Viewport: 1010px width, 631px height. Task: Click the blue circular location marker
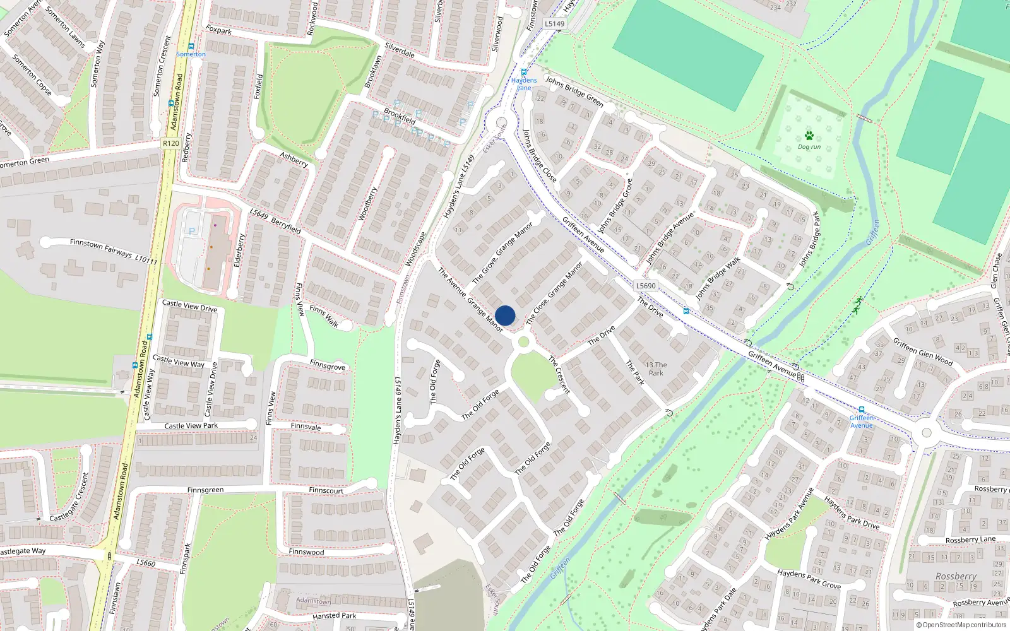click(x=505, y=315)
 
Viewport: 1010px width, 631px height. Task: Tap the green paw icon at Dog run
click(x=809, y=136)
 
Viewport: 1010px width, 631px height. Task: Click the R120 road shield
click(x=170, y=143)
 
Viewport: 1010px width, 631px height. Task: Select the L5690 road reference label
click(x=646, y=286)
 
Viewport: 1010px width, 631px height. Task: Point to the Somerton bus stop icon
click(x=191, y=46)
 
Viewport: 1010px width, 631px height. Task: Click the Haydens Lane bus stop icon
click(x=524, y=73)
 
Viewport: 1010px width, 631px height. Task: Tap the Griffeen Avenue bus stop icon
click(x=861, y=410)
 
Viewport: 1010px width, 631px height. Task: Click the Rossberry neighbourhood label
click(x=956, y=576)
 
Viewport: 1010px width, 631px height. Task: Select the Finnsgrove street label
click(x=328, y=366)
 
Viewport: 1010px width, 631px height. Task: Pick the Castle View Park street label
click(x=191, y=426)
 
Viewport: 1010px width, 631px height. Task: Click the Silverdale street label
click(x=400, y=50)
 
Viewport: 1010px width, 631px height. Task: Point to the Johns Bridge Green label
click(x=574, y=91)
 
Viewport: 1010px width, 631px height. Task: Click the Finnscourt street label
click(x=326, y=490)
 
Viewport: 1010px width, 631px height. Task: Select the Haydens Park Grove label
click(x=809, y=579)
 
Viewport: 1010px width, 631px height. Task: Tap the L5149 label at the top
click(x=554, y=24)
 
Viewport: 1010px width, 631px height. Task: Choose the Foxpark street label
click(x=218, y=30)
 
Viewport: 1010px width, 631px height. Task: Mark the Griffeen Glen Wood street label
click(x=922, y=351)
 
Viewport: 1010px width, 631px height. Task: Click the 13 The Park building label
click(x=656, y=369)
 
